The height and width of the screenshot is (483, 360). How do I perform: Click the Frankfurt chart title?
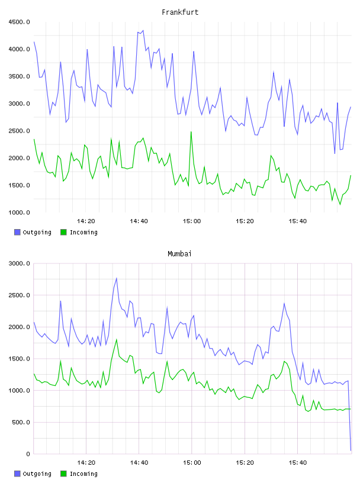[x=180, y=12]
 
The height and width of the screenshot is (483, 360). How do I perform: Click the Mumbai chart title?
[x=179, y=254]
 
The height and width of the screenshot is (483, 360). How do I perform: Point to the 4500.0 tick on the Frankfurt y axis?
[x=20, y=22]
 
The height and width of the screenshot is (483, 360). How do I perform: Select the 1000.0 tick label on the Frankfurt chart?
[x=20, y=212]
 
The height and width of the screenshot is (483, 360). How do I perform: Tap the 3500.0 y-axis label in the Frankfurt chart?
[x=20, y=76]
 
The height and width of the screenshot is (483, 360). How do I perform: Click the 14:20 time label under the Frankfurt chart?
[x=86, y=221]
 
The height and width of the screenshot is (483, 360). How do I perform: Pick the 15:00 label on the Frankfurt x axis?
[x=192, y=221]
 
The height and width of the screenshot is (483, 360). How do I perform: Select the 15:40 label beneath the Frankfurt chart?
[x=298, y=221]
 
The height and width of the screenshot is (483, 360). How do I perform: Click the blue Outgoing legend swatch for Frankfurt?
[x=17, y=232]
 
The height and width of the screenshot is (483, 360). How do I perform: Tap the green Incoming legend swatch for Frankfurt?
[x=63, y=232]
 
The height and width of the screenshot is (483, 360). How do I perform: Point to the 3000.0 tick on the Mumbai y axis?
[x=20, y=263]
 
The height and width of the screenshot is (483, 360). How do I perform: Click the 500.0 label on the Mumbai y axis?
[x=21, y=422]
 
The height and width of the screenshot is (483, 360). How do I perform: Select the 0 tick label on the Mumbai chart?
[x=28, y=454]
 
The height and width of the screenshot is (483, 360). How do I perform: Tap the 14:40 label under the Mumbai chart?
[x=139, y=463]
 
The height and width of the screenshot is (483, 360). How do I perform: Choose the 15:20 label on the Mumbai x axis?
[x=245, y=463]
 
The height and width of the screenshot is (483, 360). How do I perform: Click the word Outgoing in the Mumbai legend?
[x=37, y=474]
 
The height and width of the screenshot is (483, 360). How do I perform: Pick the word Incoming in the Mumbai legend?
[x=84, y=474]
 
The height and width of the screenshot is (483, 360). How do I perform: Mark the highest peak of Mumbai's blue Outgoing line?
[x=117, y=278]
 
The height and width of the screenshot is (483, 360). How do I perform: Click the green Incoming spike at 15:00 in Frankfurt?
[x=191, y=132]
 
